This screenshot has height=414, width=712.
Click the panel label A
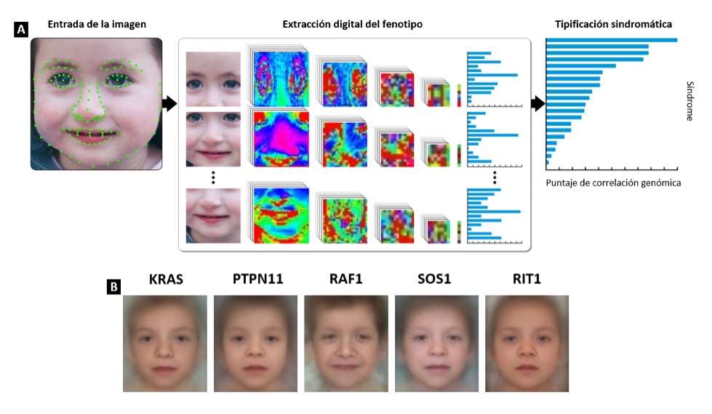21,30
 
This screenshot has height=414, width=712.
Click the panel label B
113,286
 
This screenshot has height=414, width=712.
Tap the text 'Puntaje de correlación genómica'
613,183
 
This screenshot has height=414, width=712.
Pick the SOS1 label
436,279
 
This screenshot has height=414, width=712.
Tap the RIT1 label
527,279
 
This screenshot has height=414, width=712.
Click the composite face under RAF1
346,343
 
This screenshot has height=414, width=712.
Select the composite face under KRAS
165,343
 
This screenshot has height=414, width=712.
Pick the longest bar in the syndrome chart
612,40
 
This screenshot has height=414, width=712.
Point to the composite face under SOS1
436,343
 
